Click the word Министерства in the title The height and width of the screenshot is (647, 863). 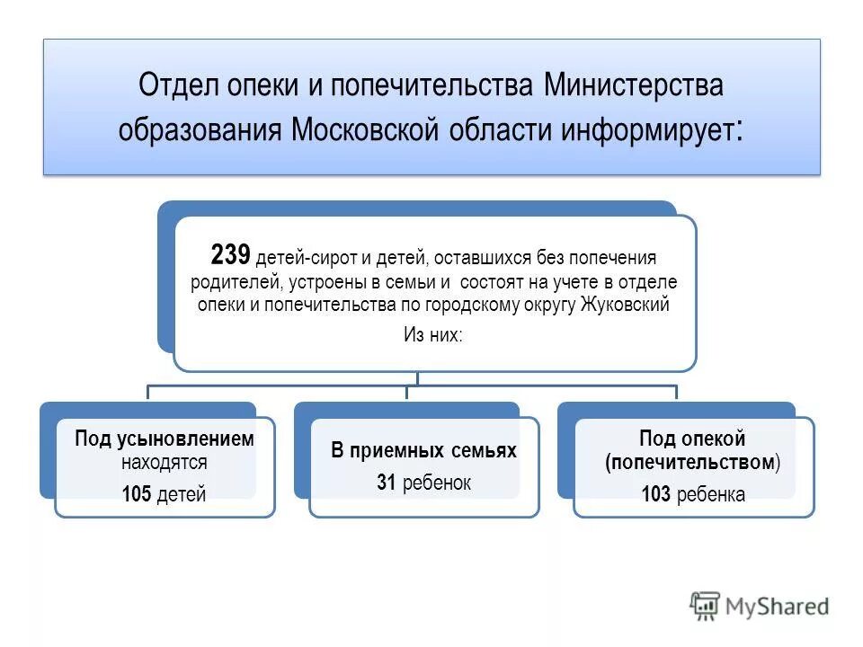[x=634, y=86]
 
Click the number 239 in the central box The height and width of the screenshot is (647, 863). [x=229, y=254]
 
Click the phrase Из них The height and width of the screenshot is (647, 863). [x=432, y=335]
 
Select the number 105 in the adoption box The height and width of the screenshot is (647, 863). [x=138, y=493]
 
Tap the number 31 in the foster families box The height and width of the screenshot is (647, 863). [x=387, y=483]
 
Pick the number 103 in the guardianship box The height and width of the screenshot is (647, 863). [x=655, y=493]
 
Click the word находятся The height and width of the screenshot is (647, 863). [x=165, y=463]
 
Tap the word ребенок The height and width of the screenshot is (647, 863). [x=437, y=483]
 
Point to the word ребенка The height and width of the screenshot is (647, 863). [x=710, y=493]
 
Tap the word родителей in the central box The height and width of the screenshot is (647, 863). [x=227, y=282]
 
